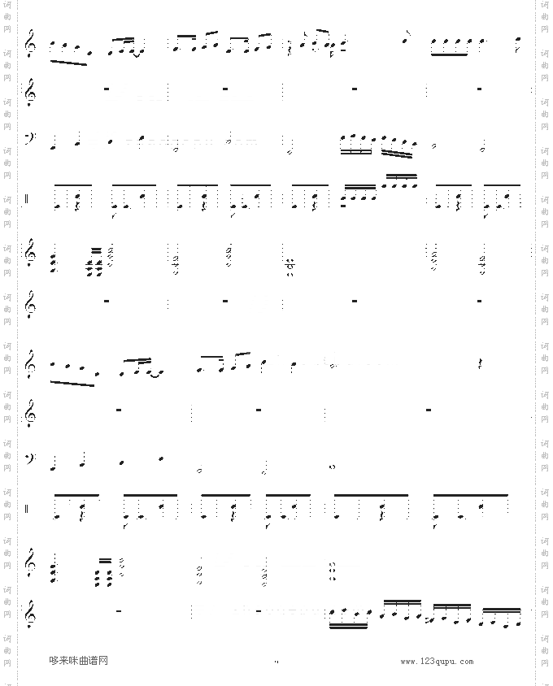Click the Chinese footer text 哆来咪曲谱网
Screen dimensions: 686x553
point(78,661)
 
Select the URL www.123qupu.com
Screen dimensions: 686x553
point(437,662)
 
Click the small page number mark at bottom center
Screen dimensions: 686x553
point(276,662)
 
